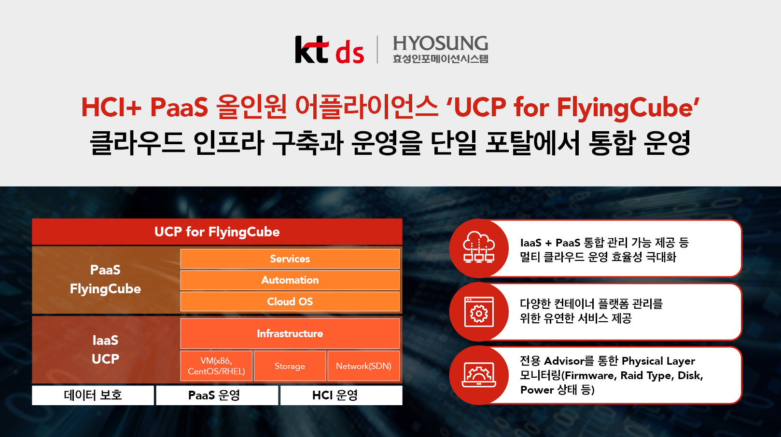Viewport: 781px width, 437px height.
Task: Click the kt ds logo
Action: (x=330, y=50)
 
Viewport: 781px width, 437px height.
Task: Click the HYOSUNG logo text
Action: (x=440, y=43)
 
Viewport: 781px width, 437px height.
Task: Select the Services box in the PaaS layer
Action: (x=290, y=259)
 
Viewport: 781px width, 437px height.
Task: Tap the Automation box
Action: (x=290, y=280)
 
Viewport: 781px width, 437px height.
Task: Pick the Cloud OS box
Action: (x=290, y=301)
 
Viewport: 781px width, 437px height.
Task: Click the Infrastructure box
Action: (x=290, y=333)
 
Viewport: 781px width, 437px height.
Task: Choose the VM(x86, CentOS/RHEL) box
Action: (x=217, y=366)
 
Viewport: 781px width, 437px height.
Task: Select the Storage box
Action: (x=290, y=366)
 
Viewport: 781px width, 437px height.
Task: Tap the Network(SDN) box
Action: (x=363, y=366)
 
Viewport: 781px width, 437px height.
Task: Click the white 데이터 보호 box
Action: (x=93, y=395)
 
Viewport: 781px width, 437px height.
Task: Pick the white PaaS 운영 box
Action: (x=217, y=395)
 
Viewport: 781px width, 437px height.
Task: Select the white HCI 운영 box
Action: (x=341, y=395)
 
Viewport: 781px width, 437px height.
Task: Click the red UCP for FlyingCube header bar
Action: (x=217, y=232)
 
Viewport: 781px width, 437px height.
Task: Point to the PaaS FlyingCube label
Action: (x=105, y=279)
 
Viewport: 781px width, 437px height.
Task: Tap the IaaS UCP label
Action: (x=105, y=350)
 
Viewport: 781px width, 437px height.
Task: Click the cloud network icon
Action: (x=479, y=247)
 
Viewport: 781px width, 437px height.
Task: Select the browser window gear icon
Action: (x=479, y=312)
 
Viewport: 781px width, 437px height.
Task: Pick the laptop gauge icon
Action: (x=479, y=375)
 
